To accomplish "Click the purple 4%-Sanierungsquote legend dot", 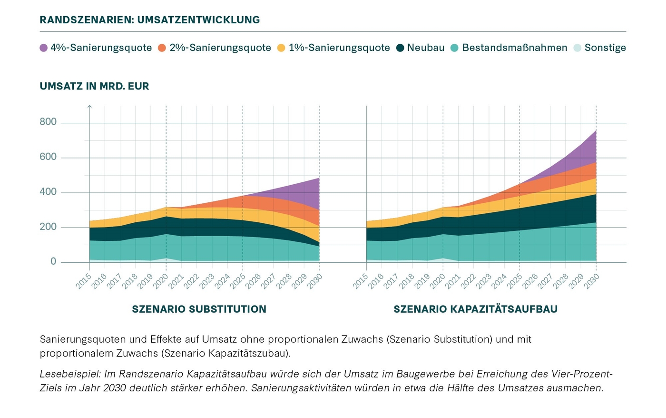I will [44, 48].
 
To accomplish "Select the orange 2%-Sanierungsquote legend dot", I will [162, 48].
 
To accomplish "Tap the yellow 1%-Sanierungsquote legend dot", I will [281, 48].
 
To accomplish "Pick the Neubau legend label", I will [425, 48].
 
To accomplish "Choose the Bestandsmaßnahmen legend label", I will [515, 48].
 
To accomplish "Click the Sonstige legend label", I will [605, 48].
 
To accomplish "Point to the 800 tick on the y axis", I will [48, 122].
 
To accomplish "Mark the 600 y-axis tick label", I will [48, 157].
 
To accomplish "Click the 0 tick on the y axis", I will [53, 262].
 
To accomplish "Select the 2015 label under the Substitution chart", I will [84, 281].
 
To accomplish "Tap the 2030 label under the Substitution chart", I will [314, 281].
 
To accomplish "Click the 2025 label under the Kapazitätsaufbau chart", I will [514, 281].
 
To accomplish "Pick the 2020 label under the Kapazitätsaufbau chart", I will [438, 281].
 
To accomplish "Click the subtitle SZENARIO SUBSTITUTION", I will [199, 309].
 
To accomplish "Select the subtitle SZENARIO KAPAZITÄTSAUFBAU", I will [475, 309].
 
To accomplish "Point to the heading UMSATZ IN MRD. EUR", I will [94, 86].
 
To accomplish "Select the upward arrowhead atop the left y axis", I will [89, 107].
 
